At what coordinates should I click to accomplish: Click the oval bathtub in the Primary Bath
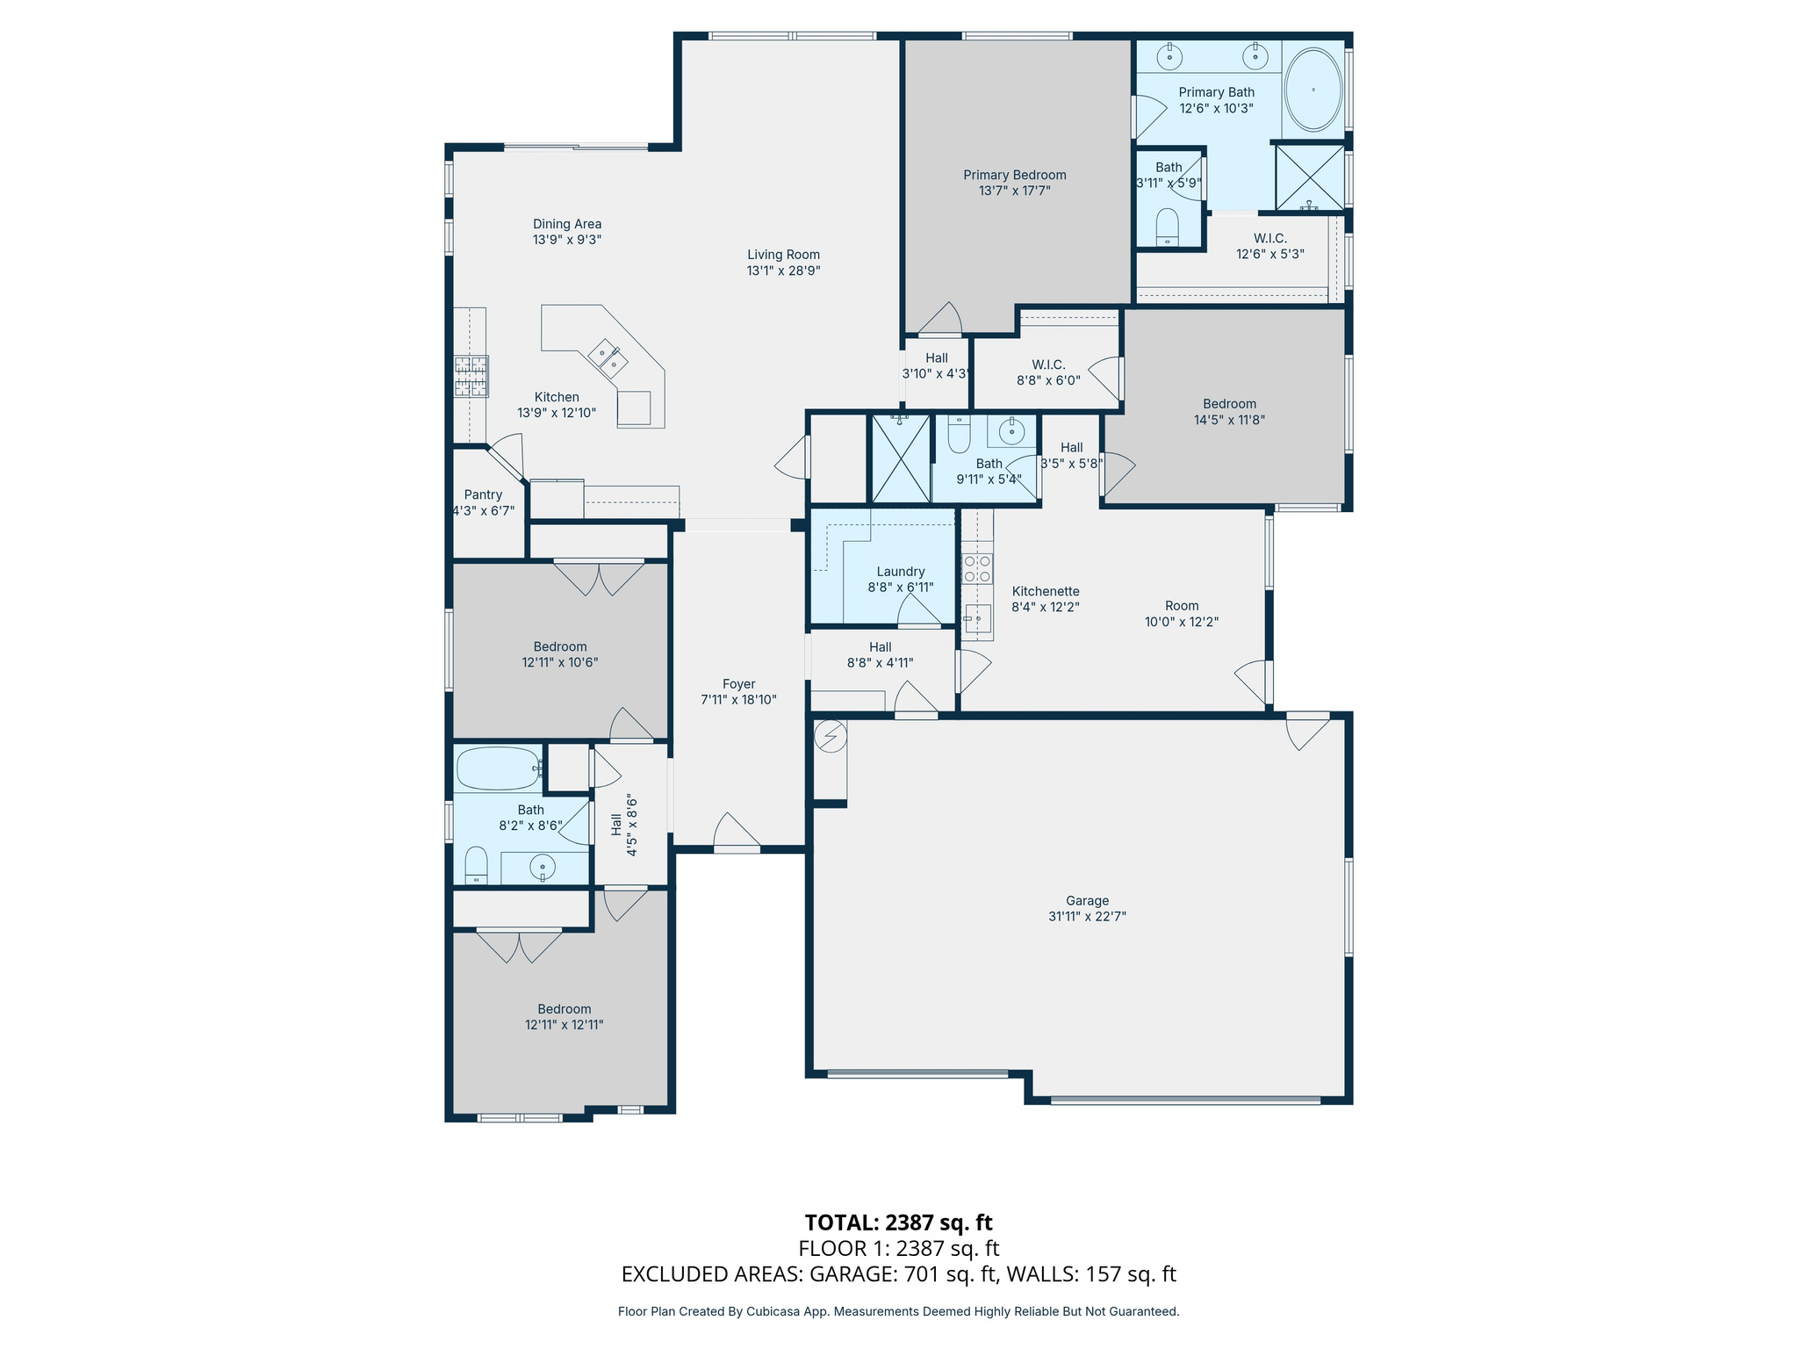click(x=1313, y=90)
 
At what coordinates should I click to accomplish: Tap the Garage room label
click(x=1087, y=900)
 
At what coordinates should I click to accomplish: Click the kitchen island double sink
click(x=608, y=357)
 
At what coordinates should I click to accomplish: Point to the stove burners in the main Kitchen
click(x=471, y=376)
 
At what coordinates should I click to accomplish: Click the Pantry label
click(x=483, y=494)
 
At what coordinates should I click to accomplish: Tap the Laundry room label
click(x=901, y=571)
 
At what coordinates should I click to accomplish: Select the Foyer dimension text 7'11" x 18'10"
click(x=738, y=700)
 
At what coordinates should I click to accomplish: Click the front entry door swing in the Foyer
click(x=737, y=831)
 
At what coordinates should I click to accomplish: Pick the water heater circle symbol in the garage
click(x=831, y=736)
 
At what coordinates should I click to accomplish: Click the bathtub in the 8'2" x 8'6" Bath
click(x=498, y=768)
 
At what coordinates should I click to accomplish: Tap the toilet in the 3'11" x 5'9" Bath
click(x=1167, y=226)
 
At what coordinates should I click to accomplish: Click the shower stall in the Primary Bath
click(x=1309, y=178)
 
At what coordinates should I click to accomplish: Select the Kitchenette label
click(x=1045, y=591)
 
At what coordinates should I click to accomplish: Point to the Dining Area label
click(x=567, y=224)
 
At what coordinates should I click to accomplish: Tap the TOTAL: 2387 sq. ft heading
click(x=898, y=1222)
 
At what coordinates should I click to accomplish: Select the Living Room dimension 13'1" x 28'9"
click(x=783, y=271)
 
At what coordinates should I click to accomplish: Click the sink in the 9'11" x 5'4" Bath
click(x=1011, y=430)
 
